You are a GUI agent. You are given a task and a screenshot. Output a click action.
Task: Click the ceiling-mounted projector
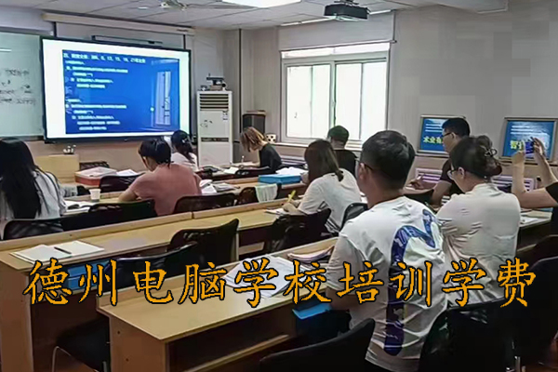(x=347, y=10)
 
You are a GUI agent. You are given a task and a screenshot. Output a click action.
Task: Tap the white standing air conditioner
(x=215, y=126)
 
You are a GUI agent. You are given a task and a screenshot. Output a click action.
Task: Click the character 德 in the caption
(x=47, y=283)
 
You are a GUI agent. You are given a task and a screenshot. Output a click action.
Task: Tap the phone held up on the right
(x=529, y=146)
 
